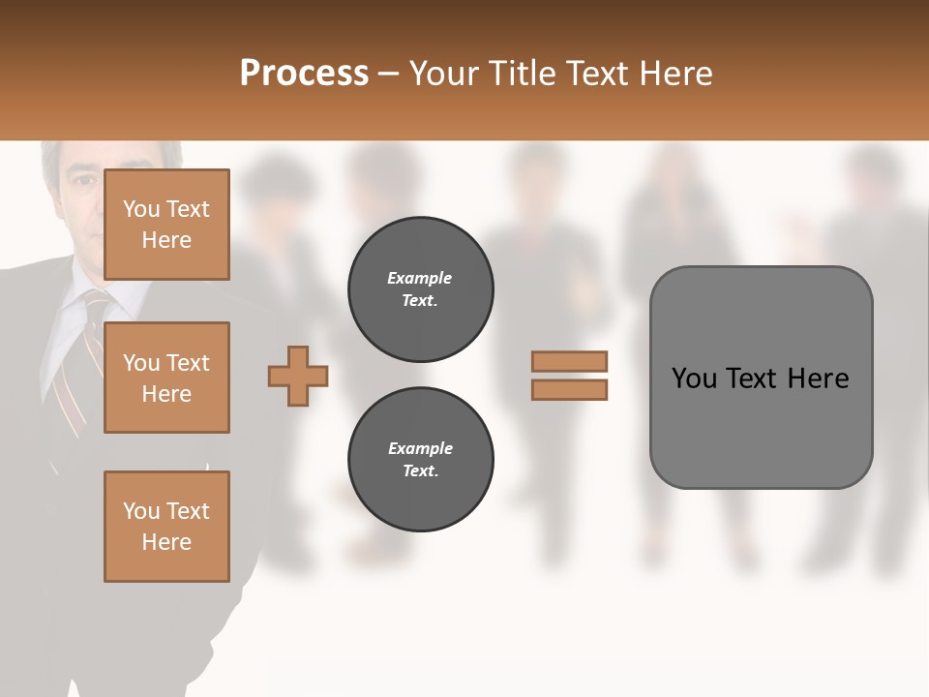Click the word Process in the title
304,73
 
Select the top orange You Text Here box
166,225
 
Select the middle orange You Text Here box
166,378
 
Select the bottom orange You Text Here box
166,526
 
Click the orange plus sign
298,377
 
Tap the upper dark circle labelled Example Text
420,289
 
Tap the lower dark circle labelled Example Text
420,460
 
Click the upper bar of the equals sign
569,361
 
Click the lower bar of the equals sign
569,389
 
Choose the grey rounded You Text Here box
761,377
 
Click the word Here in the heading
677,73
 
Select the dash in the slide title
389,74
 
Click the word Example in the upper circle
419,278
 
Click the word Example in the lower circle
420,448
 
